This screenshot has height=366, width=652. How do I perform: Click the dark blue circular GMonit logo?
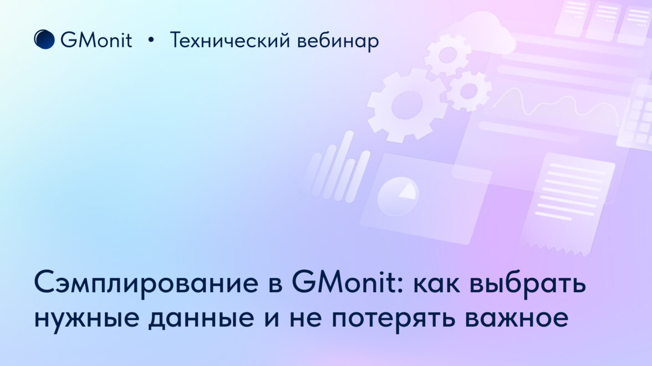(x=44, y=39)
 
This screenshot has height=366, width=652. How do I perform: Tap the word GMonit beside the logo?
(x=96, y=40)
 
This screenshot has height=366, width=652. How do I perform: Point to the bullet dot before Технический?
(x=151, y=40)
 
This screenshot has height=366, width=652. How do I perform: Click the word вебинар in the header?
(x=338, y=42)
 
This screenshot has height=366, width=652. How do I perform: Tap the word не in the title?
(x=305, y=318)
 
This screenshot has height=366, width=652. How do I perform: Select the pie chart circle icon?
(x=398, y=196)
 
